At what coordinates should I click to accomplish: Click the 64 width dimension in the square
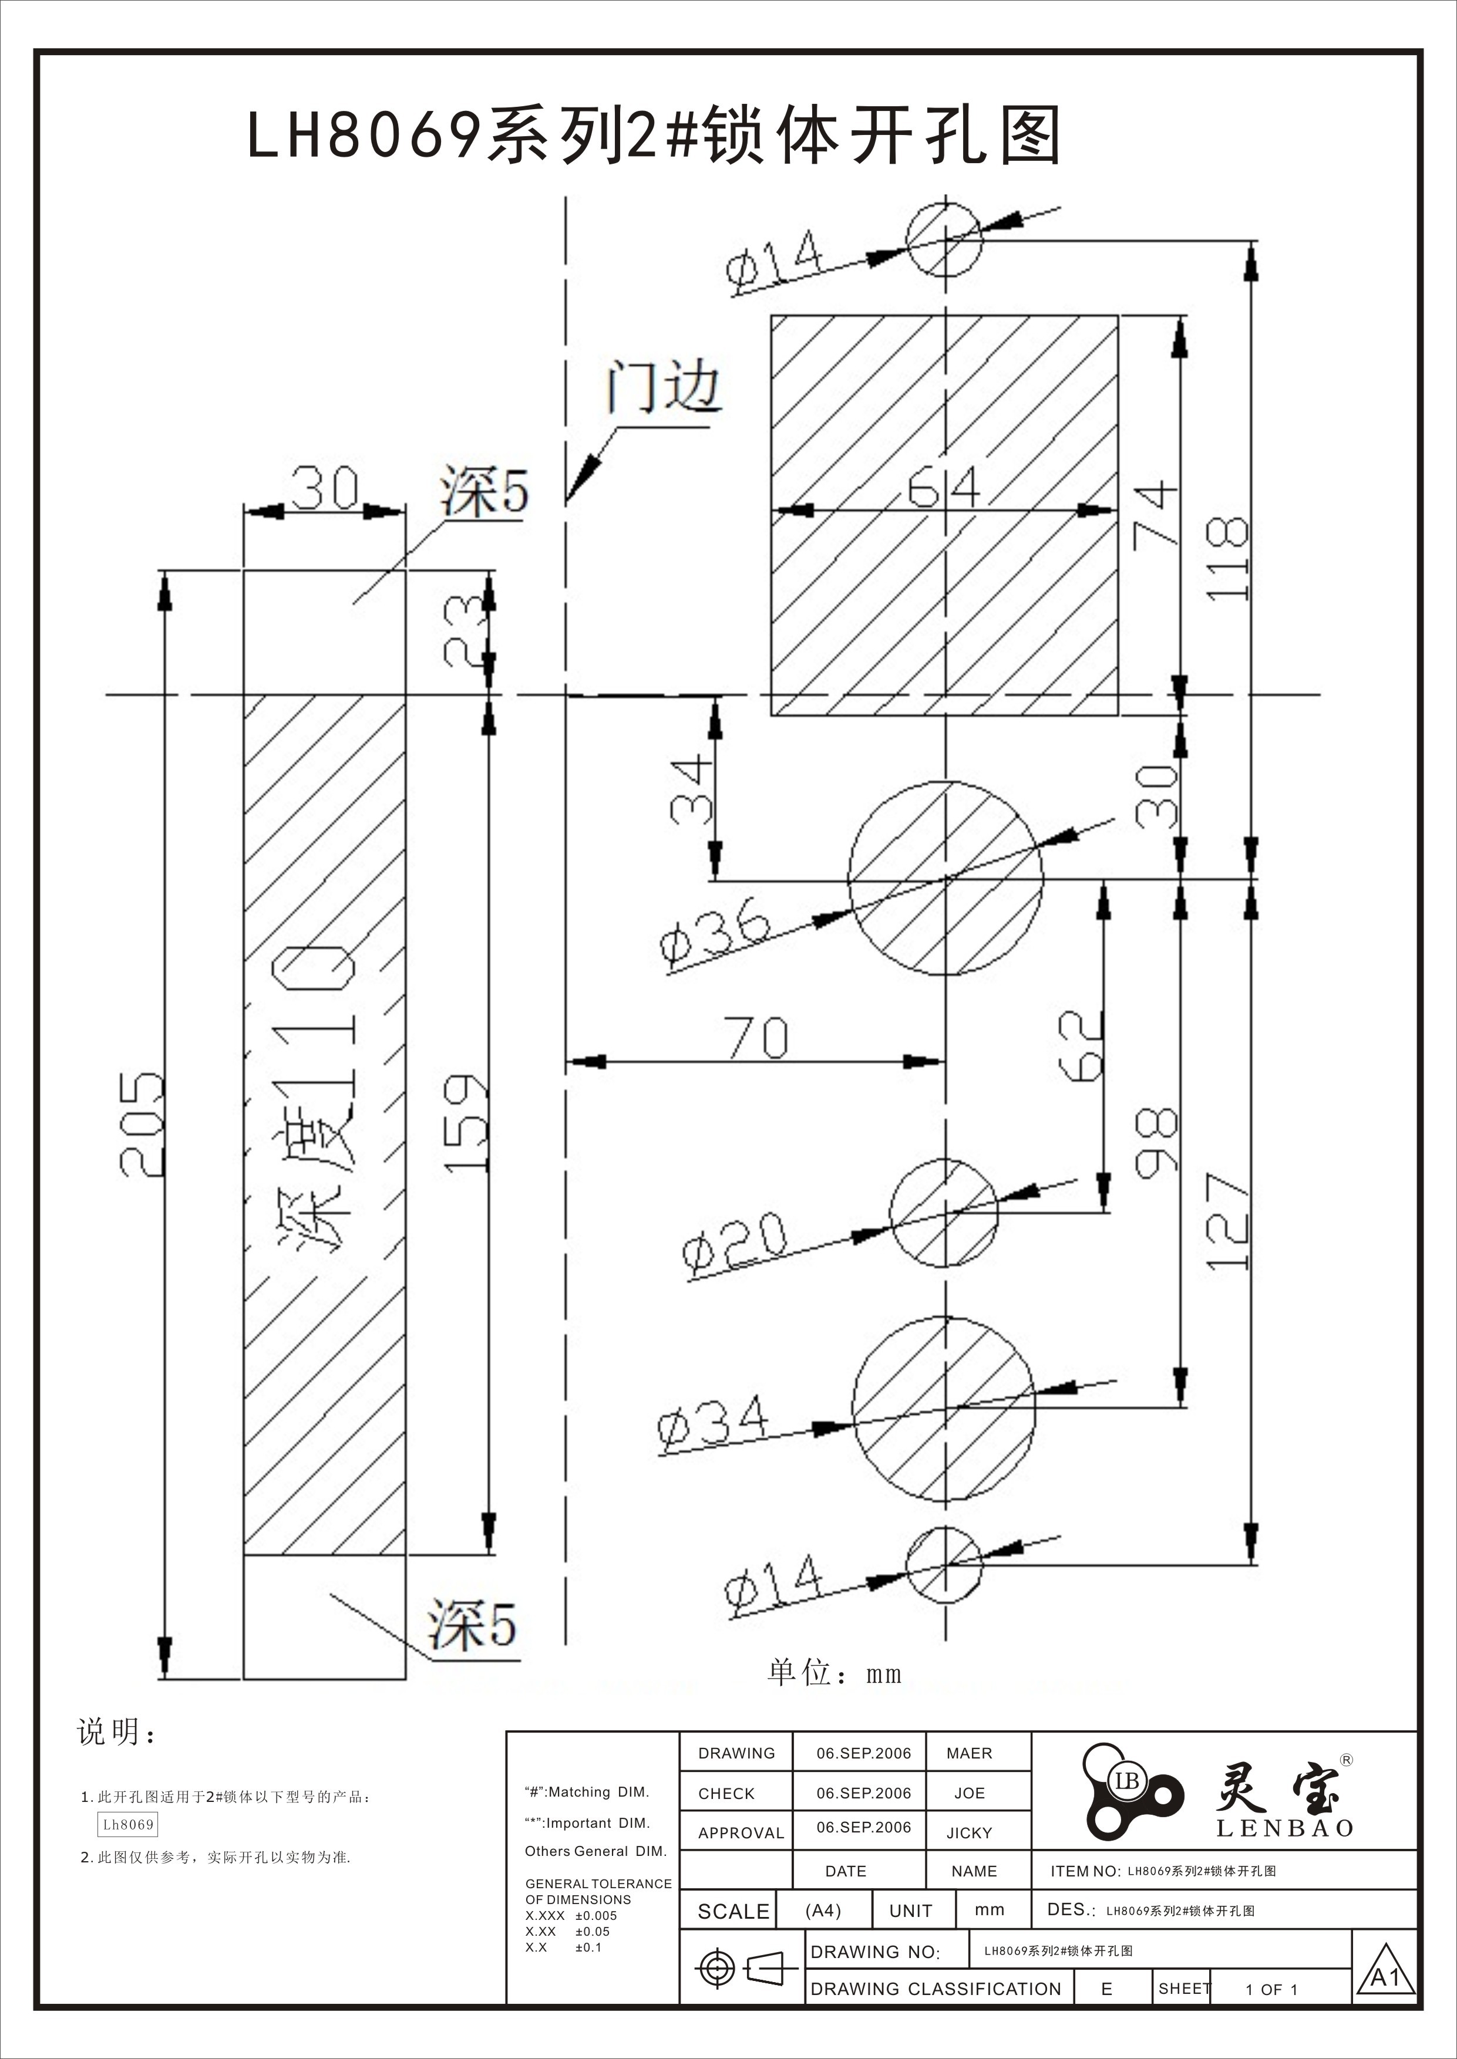[943, 490]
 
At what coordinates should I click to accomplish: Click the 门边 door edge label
[664, 387]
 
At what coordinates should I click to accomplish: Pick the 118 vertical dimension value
[1227, 558]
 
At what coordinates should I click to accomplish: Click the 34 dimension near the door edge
[691, 790]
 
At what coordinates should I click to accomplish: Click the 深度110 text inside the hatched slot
[316, 1099]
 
